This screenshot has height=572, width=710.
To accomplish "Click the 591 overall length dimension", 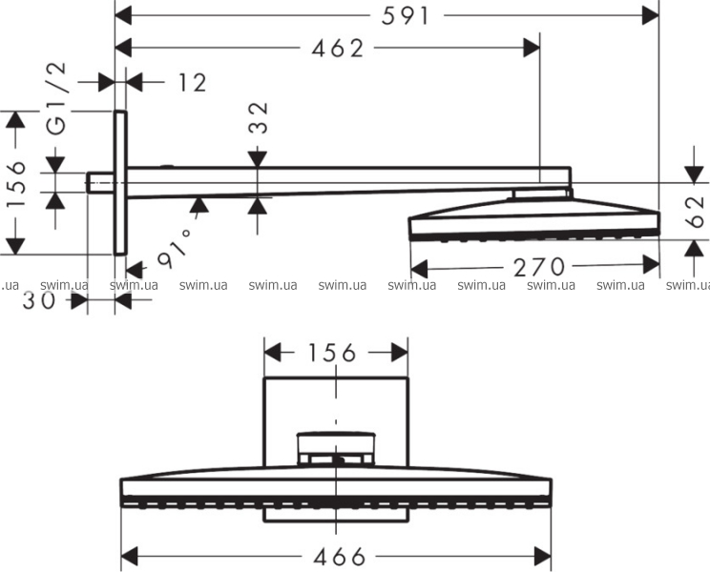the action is pyautogui.click(x=405, y=17).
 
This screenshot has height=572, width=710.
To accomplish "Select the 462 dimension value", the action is pyautogui.click(x=337, y=49).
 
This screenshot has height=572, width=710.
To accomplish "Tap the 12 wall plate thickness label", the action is pyautogui.click(x=193, y=83).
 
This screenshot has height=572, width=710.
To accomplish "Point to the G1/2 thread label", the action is pyautogui.click(x=57, y=99).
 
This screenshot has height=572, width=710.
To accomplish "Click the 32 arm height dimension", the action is pyautogui.click(x=259, y=118).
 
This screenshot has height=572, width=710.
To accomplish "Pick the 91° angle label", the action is pyautogui.click(x=175, y=248).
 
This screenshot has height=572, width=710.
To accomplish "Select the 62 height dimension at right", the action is pyautogui.click(x=695, y=212).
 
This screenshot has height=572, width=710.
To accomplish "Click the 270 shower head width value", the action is pyautogui.click(x=539, y=267).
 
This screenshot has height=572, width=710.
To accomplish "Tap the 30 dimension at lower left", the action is pyautogui.click(x=39, y=300).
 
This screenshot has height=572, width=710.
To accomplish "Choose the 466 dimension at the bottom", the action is pyautogui.click(x=340, y=557).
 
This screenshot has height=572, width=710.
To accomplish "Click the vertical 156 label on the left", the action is pyautogui.click(x=16, y=183).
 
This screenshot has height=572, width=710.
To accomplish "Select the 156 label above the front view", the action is pyautogui.click(x=332, y=353).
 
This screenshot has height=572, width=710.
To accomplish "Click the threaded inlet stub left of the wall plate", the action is pyautogui.click(x=100, y=183).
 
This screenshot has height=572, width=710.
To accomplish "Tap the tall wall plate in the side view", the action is pyautogui.click(x=120, y=183).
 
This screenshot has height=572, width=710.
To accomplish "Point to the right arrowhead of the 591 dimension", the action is pyautogui.click(x=651, y=16).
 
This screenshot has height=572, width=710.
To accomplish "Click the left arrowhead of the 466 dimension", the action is pyautogui.click(x=130, y=556).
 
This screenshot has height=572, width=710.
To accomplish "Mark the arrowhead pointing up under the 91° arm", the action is pyautogui.click(x=199, y=205).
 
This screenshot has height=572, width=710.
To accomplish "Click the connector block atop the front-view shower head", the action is pyautogui.click(x=336, y=449).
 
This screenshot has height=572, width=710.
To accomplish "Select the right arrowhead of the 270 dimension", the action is pyautogui.click(x=651, y=265).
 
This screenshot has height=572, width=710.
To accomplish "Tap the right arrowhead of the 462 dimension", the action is pyautogui.click(x=532, y=48).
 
